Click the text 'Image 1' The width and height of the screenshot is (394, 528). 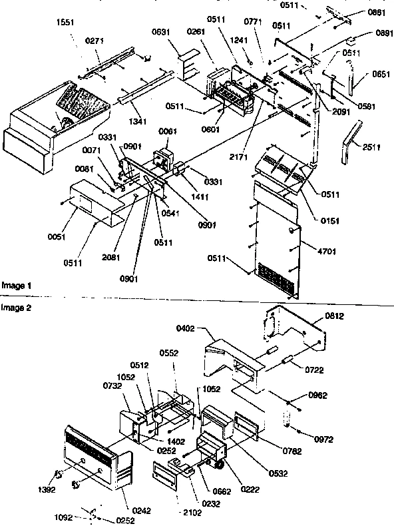[15, 285]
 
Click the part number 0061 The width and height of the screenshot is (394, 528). [167, 132]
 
